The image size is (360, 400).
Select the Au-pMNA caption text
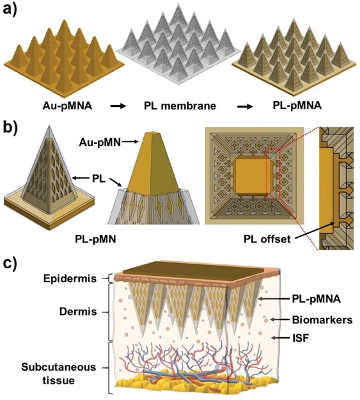[68, 106]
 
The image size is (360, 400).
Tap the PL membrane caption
[180, 106]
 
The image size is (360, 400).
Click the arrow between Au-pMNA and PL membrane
[118, 106]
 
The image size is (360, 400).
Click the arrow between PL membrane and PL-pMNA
[245, 106]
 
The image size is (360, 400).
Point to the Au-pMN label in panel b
[100, 142]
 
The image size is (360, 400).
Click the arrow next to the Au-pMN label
[129, 143]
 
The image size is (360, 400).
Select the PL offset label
[267, 239]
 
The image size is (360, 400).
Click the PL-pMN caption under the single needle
[96, 239]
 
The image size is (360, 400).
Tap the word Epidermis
[70, 278]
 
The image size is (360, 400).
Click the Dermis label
[78, 312]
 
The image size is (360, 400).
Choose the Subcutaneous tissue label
[59, 374]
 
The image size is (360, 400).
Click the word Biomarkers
[322, 319]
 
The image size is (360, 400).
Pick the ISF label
[301, 339]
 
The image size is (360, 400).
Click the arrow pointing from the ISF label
[281, 338]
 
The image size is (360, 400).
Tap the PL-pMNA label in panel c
[317, 299]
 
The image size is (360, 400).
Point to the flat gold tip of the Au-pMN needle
[152, 133]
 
